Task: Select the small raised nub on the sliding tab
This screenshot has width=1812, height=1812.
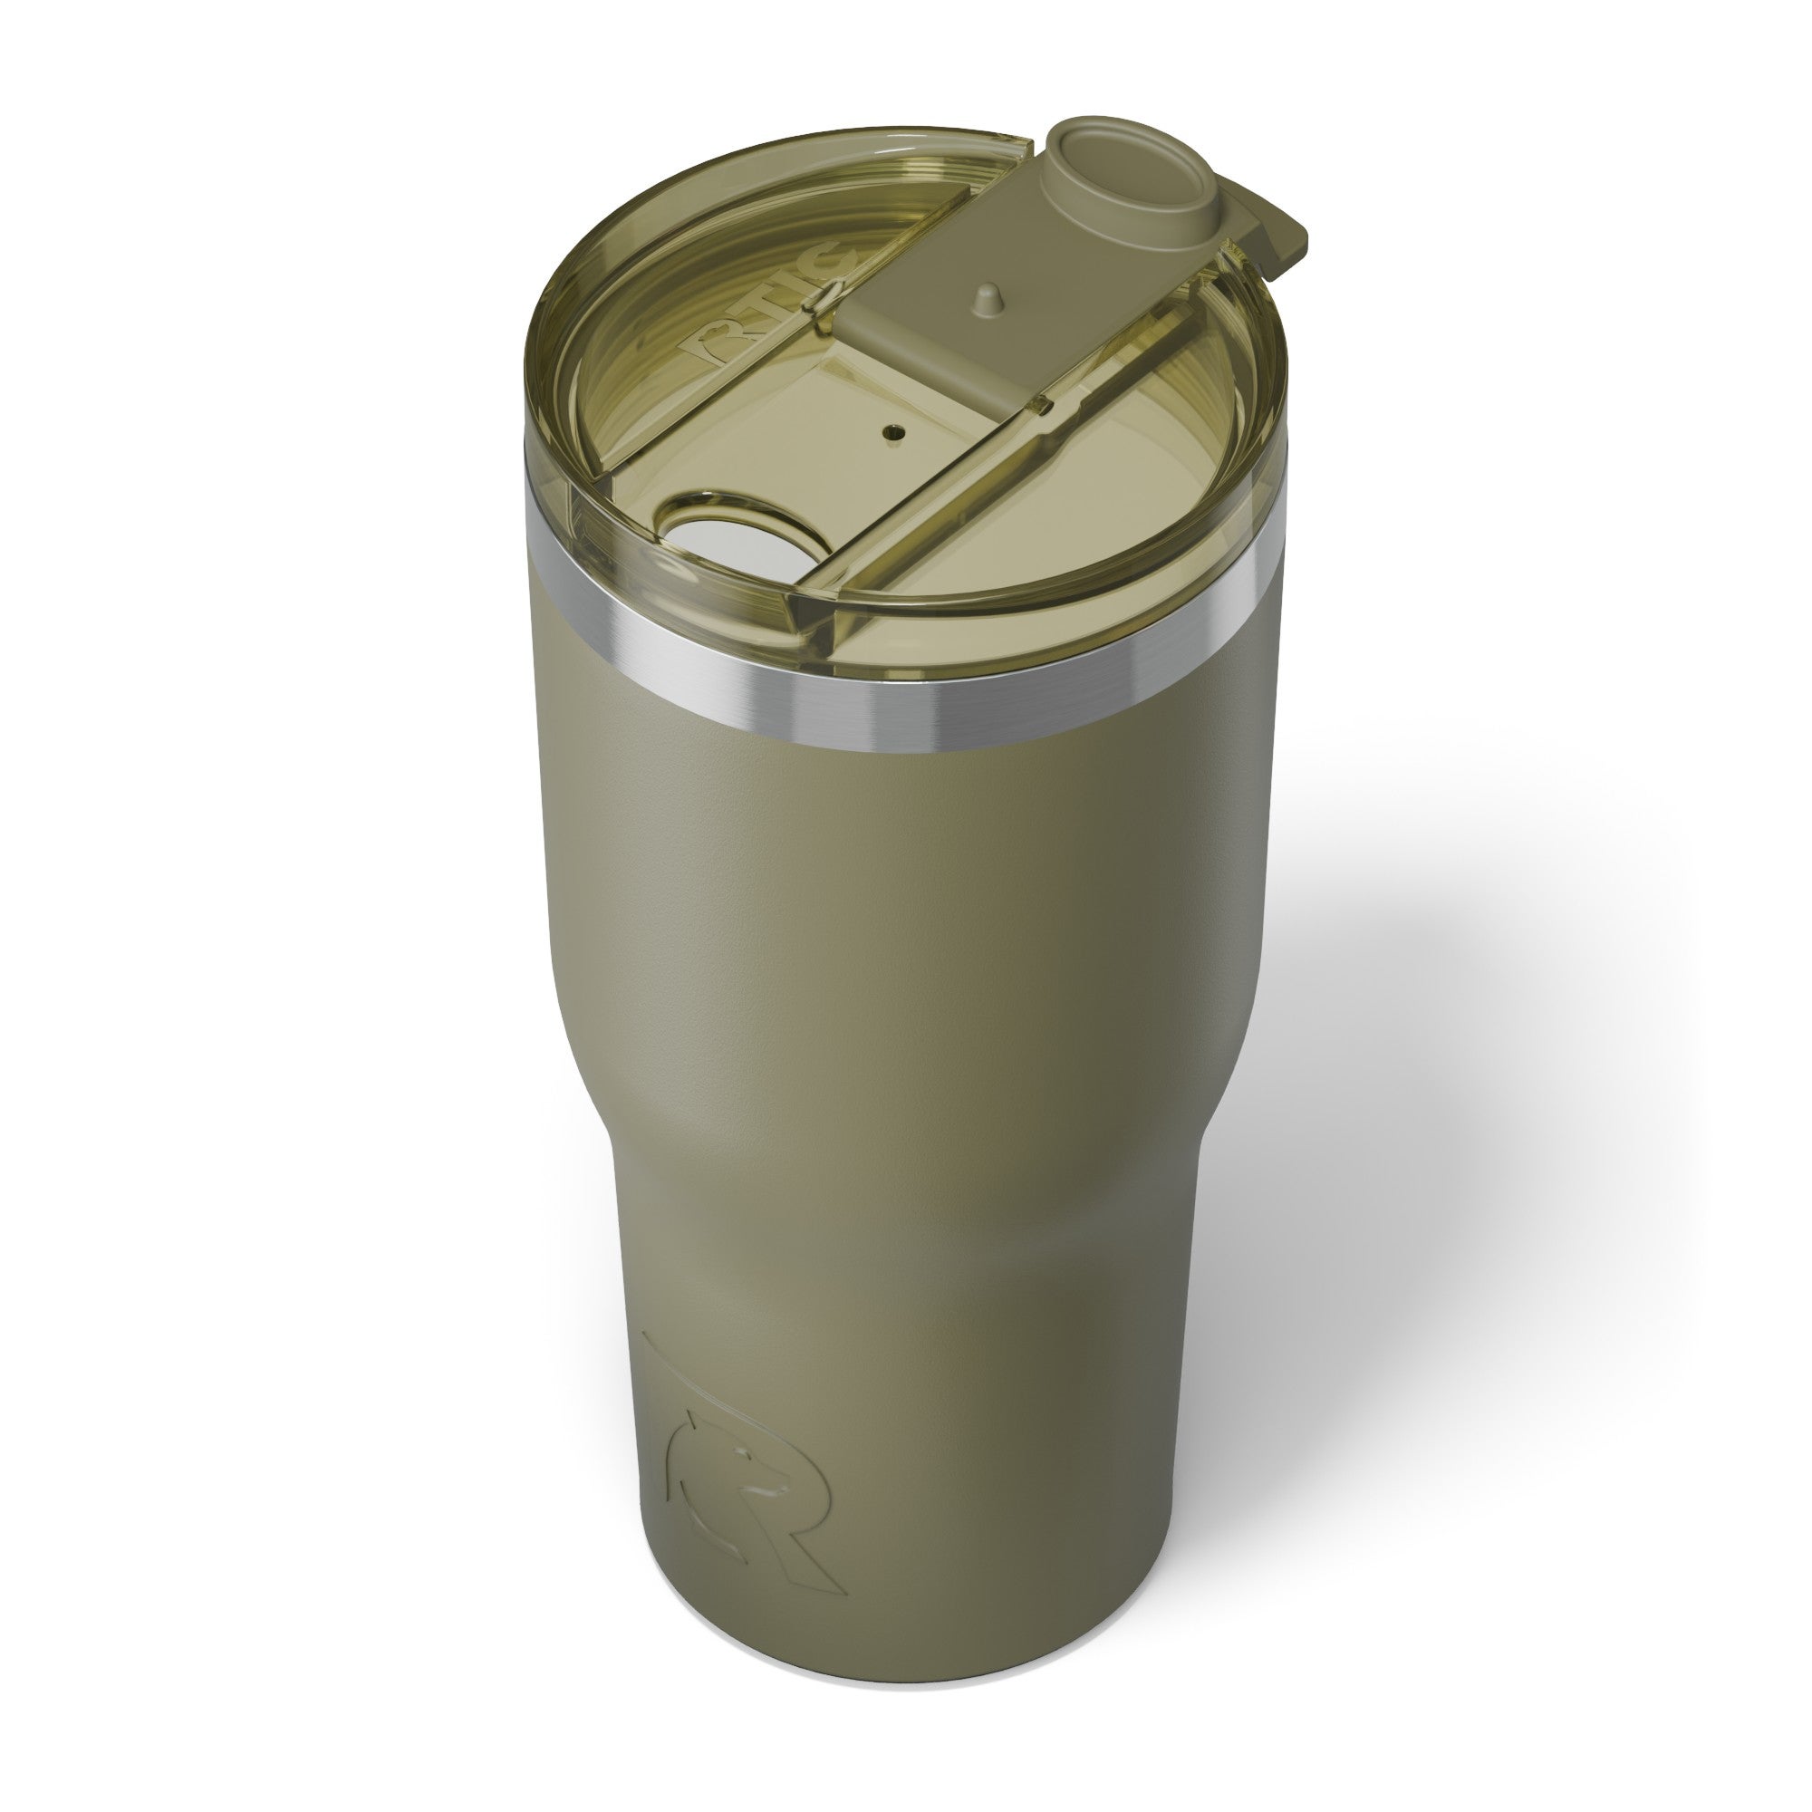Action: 982,297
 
